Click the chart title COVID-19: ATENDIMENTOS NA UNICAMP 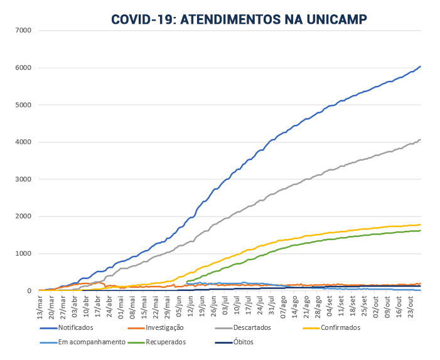pos(239,19)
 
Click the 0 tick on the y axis pos(30,290)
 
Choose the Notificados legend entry pos(75,327)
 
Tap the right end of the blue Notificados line pos(420,66)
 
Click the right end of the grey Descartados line pos(420,139)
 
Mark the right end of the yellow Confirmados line pos(420,225)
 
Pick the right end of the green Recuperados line pos(420,230)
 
